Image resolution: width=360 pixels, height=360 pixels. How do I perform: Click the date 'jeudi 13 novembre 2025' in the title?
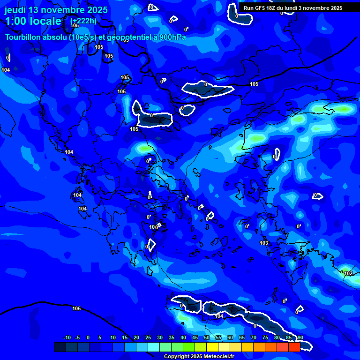[56, 10]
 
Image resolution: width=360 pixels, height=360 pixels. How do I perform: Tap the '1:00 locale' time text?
[33, 21]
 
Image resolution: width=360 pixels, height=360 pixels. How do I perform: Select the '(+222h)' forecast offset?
[83, 21]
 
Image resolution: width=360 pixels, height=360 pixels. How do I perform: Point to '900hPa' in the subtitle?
[172, 37]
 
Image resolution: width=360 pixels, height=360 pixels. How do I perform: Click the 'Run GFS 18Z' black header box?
[293, 8]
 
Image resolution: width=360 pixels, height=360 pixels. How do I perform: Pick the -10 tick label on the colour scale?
[67, 338]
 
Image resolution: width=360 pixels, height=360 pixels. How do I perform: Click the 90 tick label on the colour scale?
[300, 338]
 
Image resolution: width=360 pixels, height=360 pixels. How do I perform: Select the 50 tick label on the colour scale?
[207, 338]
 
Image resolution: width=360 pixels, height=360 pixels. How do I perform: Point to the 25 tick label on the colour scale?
[148, 338]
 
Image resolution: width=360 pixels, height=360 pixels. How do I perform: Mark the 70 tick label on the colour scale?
[254, 338]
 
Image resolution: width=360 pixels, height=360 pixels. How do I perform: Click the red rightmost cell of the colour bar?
[294, 347]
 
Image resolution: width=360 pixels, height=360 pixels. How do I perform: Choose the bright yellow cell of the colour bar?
[212, 347]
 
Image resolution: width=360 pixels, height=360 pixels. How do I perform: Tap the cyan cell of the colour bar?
[154, 347]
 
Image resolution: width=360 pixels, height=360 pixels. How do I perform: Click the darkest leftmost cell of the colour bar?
[60, 347]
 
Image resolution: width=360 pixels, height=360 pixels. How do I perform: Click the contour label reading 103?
[264, 243]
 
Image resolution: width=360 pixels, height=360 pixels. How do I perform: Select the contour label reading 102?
[348, 273]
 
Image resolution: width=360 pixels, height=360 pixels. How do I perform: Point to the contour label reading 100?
[153, 227]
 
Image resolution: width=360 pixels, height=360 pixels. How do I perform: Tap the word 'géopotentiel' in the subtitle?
[127, 37]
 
